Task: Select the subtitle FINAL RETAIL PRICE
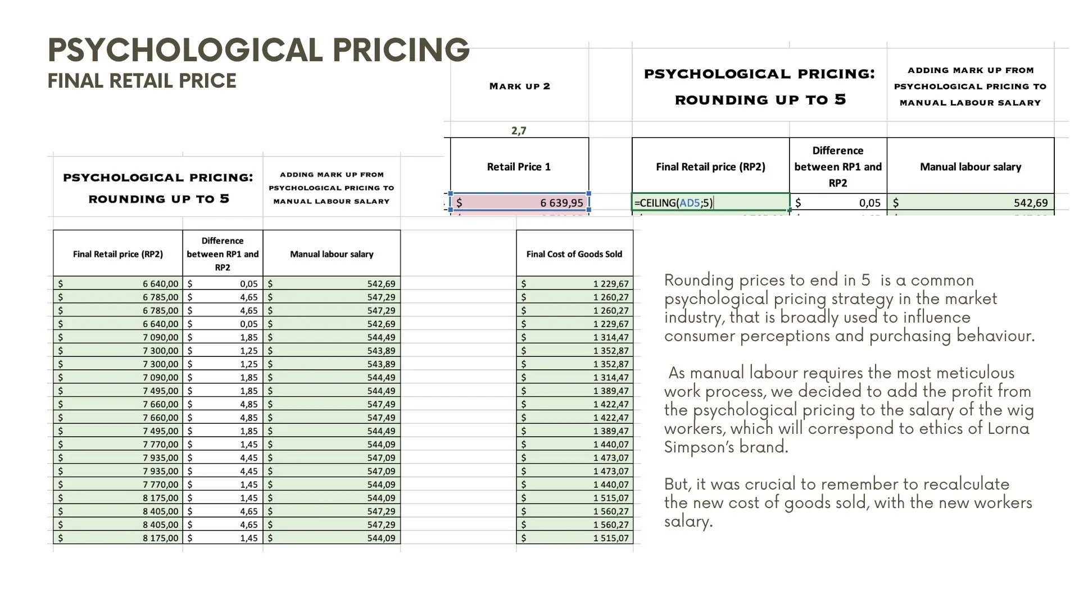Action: click(142, 81)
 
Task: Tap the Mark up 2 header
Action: click(519, 86)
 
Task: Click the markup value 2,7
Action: click(519, 130)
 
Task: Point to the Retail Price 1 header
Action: click(519, 167)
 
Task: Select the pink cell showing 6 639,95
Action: click(520, 202)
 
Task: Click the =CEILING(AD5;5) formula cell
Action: click(674, 203)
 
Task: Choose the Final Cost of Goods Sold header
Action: click(574, 254)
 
